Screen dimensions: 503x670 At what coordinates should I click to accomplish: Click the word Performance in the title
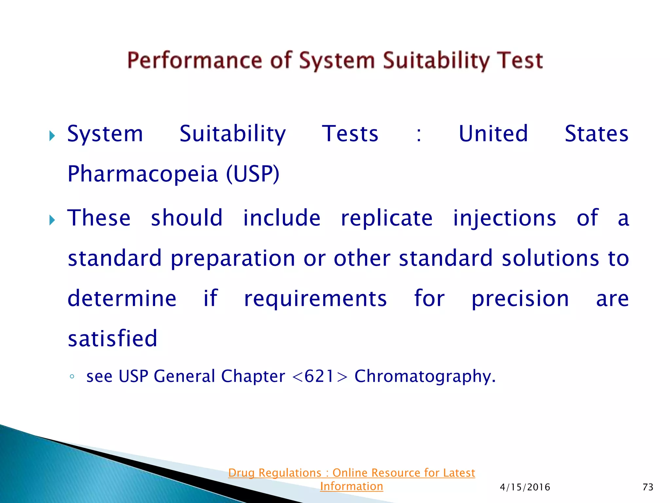pos(195,61)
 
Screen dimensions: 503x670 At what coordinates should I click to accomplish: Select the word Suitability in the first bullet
pos(233,134)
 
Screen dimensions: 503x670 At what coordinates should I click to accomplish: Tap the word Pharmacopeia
pos(143,174)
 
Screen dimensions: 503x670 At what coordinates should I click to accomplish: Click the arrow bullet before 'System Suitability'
pos(52,136)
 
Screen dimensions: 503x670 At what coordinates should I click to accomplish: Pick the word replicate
pos(387,219)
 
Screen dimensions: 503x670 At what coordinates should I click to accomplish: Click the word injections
pos(504,219)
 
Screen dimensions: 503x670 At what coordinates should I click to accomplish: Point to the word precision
pos(520,299)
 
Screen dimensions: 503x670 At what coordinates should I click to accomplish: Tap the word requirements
pos(315,299)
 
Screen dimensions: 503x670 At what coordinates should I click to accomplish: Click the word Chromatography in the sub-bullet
pos(425,376)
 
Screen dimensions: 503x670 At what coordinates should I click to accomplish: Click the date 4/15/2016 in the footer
pos(525,487)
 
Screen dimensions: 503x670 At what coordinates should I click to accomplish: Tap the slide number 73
pos(648,487)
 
